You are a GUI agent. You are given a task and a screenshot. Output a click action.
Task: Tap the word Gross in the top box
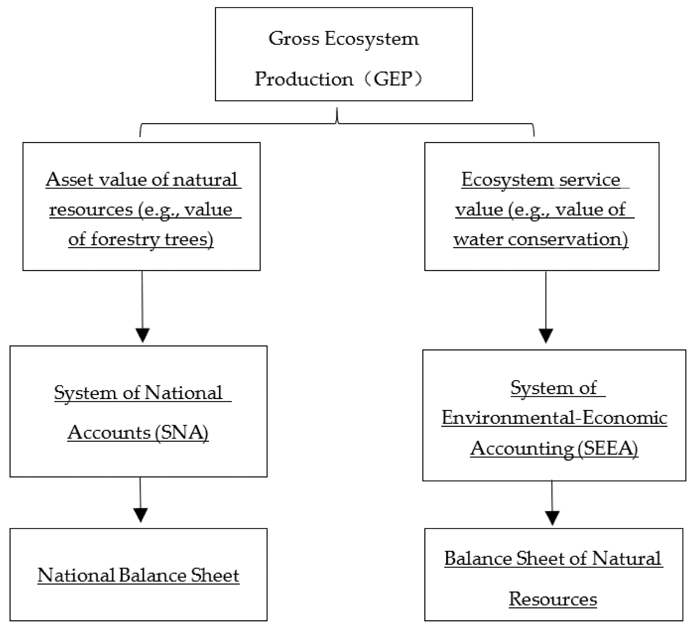(x=294, y=39)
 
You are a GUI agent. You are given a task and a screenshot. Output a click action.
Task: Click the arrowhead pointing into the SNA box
(x=143, y=335)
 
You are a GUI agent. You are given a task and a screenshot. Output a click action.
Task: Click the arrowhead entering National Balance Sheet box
(x=140, y=515)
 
